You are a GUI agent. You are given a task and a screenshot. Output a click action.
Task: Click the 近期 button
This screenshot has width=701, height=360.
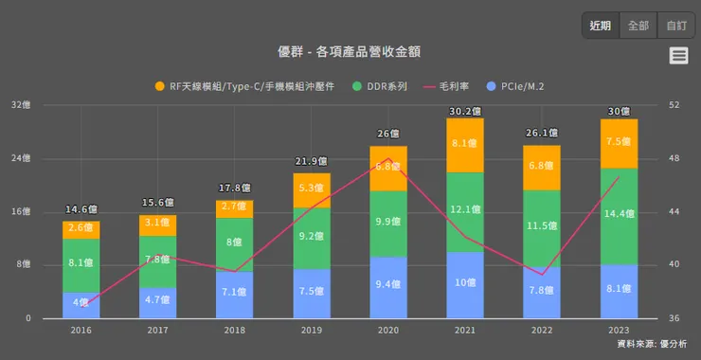601,26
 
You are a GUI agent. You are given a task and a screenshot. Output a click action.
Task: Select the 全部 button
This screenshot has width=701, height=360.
638,26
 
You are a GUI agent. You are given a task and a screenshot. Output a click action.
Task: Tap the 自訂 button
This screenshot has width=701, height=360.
676,26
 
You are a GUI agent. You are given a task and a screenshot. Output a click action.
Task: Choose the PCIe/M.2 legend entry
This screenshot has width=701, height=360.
522,86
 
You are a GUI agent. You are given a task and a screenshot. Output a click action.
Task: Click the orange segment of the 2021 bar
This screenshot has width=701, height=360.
465,145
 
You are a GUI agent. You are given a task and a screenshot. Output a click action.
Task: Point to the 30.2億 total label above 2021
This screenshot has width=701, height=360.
465,111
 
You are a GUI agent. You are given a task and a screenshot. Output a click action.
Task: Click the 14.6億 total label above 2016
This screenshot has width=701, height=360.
82,209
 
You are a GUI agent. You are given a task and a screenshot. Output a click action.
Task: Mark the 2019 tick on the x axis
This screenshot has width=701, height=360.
312,330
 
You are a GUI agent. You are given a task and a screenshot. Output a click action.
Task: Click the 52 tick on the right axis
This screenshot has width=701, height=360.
674,105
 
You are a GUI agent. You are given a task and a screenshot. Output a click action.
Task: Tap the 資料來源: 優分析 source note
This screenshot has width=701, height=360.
651,345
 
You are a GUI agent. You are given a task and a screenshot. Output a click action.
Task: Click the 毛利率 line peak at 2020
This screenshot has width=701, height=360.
388,158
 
